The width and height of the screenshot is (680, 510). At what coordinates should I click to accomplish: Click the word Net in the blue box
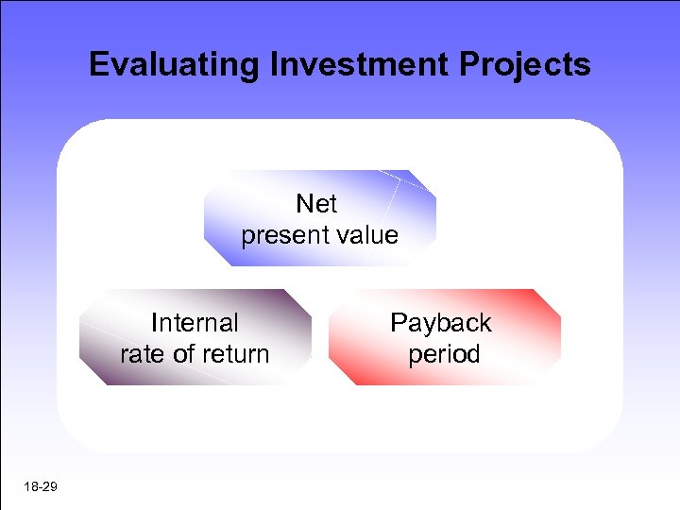316,203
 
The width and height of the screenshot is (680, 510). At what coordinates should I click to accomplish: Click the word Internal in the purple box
195,323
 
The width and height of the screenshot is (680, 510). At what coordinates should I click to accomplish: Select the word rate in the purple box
141,354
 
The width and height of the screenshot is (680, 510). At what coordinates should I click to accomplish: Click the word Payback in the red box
441,323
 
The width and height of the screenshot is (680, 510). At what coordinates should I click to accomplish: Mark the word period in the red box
444,354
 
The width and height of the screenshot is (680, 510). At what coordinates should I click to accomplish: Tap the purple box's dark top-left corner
95,300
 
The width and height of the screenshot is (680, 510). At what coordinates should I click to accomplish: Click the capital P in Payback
399,323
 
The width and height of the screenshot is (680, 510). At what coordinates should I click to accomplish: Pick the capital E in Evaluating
97,65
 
